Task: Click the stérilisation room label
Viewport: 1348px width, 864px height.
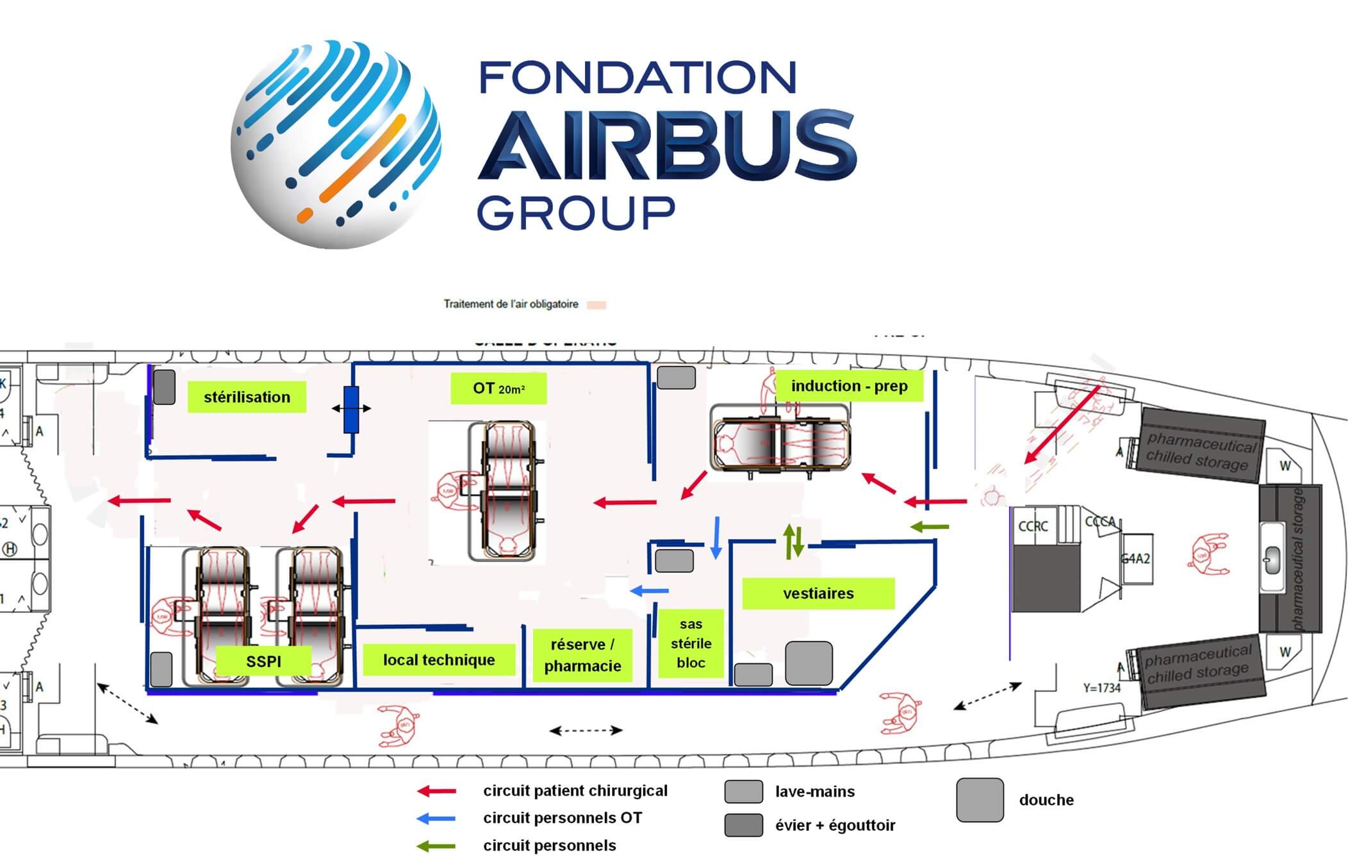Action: point(247,397)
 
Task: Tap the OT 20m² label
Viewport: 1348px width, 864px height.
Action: point(498,388)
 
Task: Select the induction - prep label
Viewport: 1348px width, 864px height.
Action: point(849,386)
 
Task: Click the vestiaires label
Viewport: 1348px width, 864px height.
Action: point(818,594)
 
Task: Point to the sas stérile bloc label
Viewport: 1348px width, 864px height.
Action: point(691,644)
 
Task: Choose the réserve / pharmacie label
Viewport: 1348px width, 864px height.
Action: point(582,655)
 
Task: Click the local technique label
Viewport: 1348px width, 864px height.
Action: point(439,660)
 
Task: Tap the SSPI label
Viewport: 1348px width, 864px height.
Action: point(263,661)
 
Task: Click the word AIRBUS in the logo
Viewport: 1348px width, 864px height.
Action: point(666,146)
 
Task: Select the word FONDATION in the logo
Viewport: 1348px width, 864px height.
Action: point(638,78)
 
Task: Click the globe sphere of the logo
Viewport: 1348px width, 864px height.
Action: point(336,145)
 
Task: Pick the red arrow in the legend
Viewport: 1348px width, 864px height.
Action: point(436,792)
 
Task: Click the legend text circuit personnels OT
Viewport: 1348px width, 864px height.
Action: point(562,818)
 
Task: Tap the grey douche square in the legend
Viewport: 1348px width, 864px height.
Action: point(980,800)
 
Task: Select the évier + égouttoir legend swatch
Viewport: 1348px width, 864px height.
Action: point(743,826)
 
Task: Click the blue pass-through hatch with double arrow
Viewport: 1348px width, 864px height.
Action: point(351,409)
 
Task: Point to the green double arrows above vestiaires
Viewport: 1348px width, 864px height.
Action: point(794,542)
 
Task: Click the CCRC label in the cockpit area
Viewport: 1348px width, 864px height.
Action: point(1033,526)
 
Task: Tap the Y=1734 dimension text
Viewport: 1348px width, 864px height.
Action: point(1101,688)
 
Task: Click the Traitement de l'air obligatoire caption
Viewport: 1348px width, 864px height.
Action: point(511,304)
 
